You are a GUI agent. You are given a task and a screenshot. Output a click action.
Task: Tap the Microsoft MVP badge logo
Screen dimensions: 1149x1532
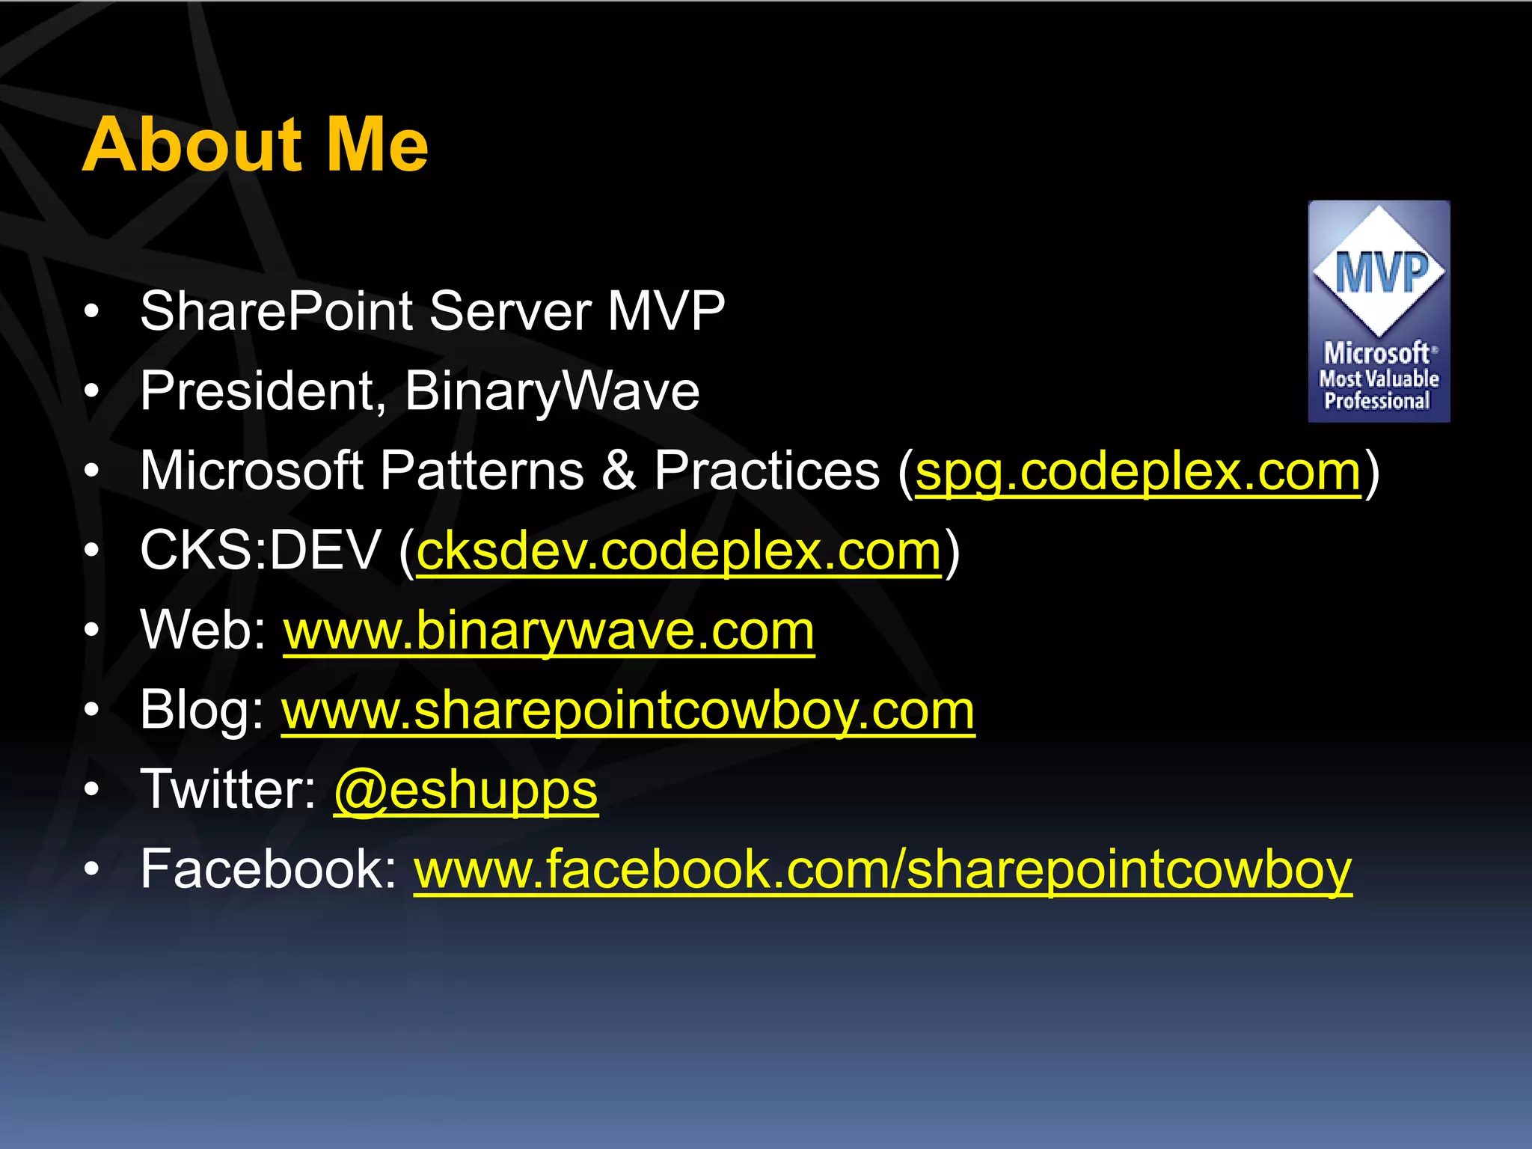(1379, 311)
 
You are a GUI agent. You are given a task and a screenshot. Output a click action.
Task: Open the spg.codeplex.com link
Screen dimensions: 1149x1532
(1138, 472)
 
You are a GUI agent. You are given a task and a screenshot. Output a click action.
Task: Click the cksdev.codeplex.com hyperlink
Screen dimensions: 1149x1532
(678, 552)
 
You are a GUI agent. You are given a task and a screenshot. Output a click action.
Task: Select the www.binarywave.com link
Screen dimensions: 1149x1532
(548, 631)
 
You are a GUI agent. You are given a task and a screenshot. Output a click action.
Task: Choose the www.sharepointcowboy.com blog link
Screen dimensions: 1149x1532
(628, 711)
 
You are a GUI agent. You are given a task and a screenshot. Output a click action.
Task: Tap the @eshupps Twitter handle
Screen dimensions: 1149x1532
(465, 791)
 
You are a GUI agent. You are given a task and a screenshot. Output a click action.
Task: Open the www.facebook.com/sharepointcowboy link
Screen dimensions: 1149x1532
(883, 870)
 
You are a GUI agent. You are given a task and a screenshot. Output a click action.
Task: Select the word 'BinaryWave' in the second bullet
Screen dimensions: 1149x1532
(552, 391)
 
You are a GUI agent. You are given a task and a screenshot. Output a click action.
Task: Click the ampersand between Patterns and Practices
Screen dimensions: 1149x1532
(618, 471)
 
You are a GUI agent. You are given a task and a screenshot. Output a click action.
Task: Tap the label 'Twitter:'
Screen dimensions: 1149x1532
(229, 790)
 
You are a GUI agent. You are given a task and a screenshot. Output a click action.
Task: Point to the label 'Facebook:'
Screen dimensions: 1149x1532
(269, 869)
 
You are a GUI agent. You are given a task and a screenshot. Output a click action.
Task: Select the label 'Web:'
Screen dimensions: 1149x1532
(203, 631)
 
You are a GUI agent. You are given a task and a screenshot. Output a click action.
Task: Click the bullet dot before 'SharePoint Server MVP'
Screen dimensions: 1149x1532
(91, 311)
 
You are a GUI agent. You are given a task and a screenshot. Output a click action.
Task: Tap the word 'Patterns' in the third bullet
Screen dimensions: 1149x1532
(482, 471)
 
